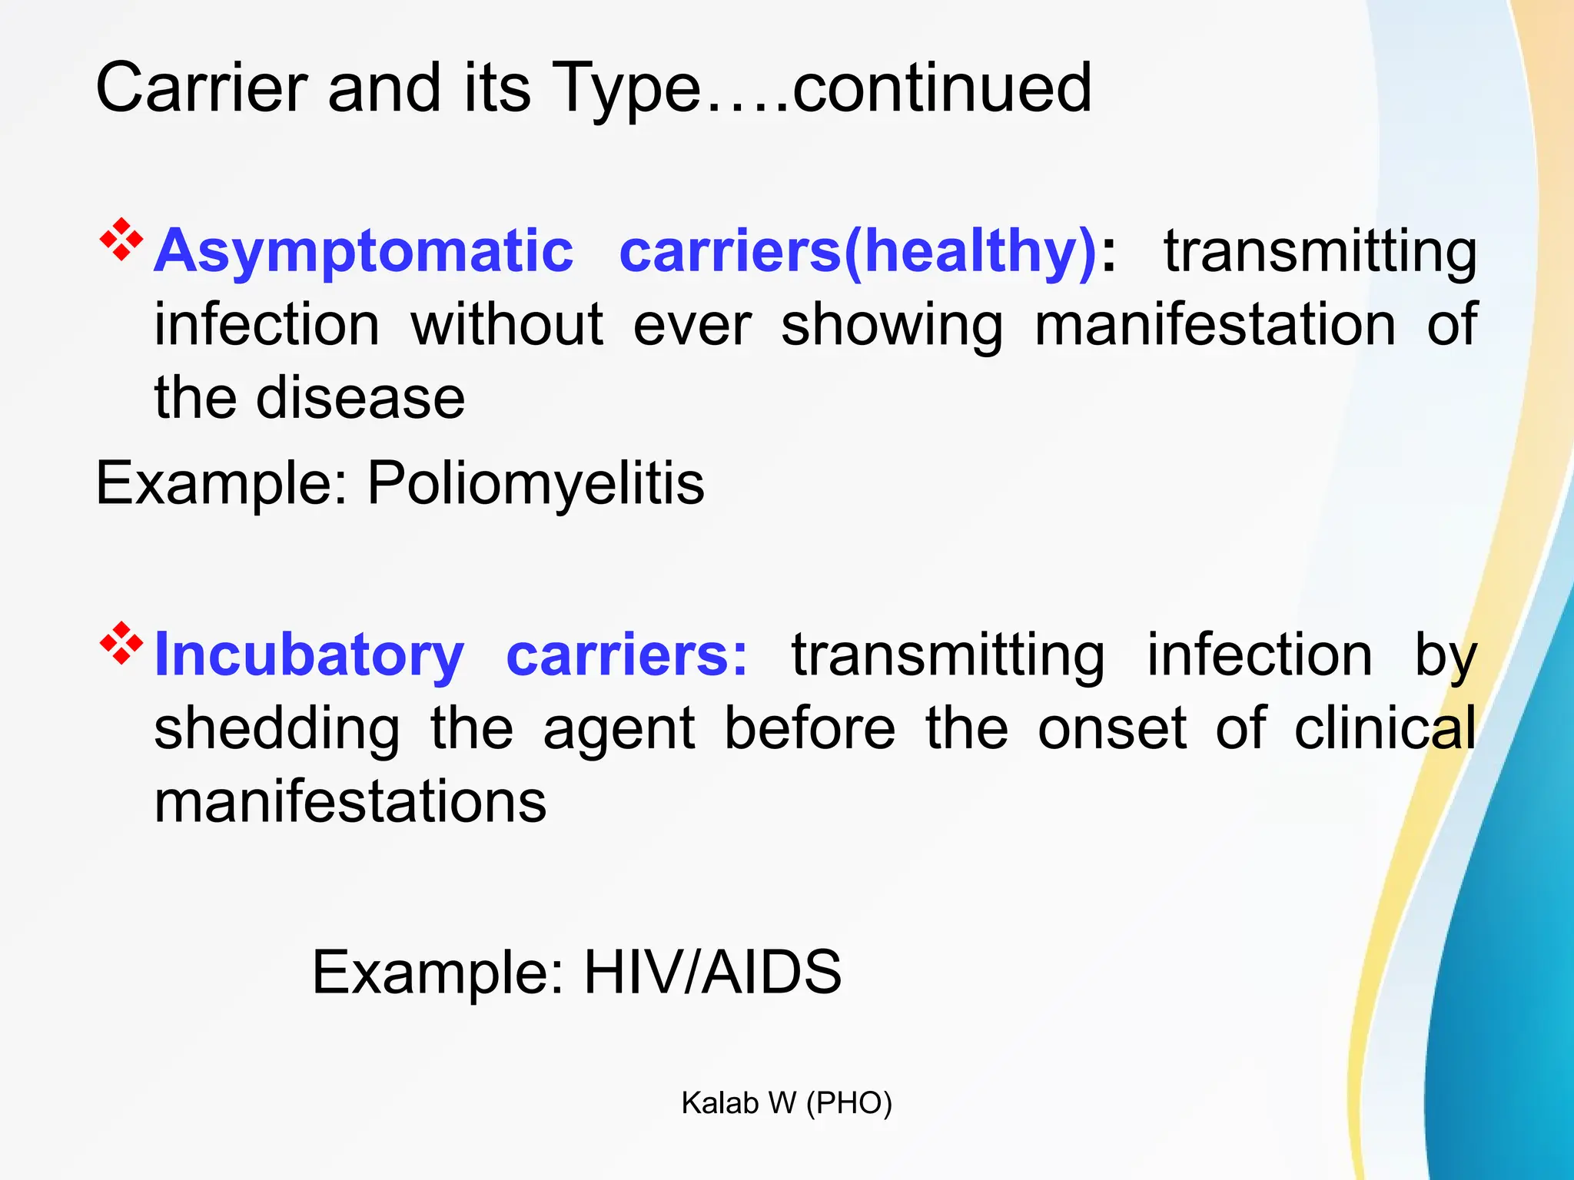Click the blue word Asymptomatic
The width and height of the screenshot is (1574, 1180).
[x=364, y=251]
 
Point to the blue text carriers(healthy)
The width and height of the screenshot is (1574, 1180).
[x=858, y=251]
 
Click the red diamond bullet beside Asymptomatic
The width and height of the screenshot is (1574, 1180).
[x=121, y=240]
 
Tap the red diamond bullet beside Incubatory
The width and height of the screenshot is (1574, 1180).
[x=121, y=643]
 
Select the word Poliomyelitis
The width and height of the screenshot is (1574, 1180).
[x=536, y=484]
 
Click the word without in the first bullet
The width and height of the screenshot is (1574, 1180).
[x=506, y=325]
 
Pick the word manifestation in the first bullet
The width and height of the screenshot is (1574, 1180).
[x=1215, y=325]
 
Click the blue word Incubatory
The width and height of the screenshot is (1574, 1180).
[x=309, y=655]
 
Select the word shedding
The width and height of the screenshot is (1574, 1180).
[x=277, y=729]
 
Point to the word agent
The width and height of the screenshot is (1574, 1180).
[x=619, y=729]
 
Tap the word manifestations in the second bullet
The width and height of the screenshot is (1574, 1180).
[x=350, y=801]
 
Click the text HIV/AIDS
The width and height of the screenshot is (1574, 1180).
[x=712, y=973]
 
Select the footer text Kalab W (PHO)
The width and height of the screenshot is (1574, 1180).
[x=786, y=1103]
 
